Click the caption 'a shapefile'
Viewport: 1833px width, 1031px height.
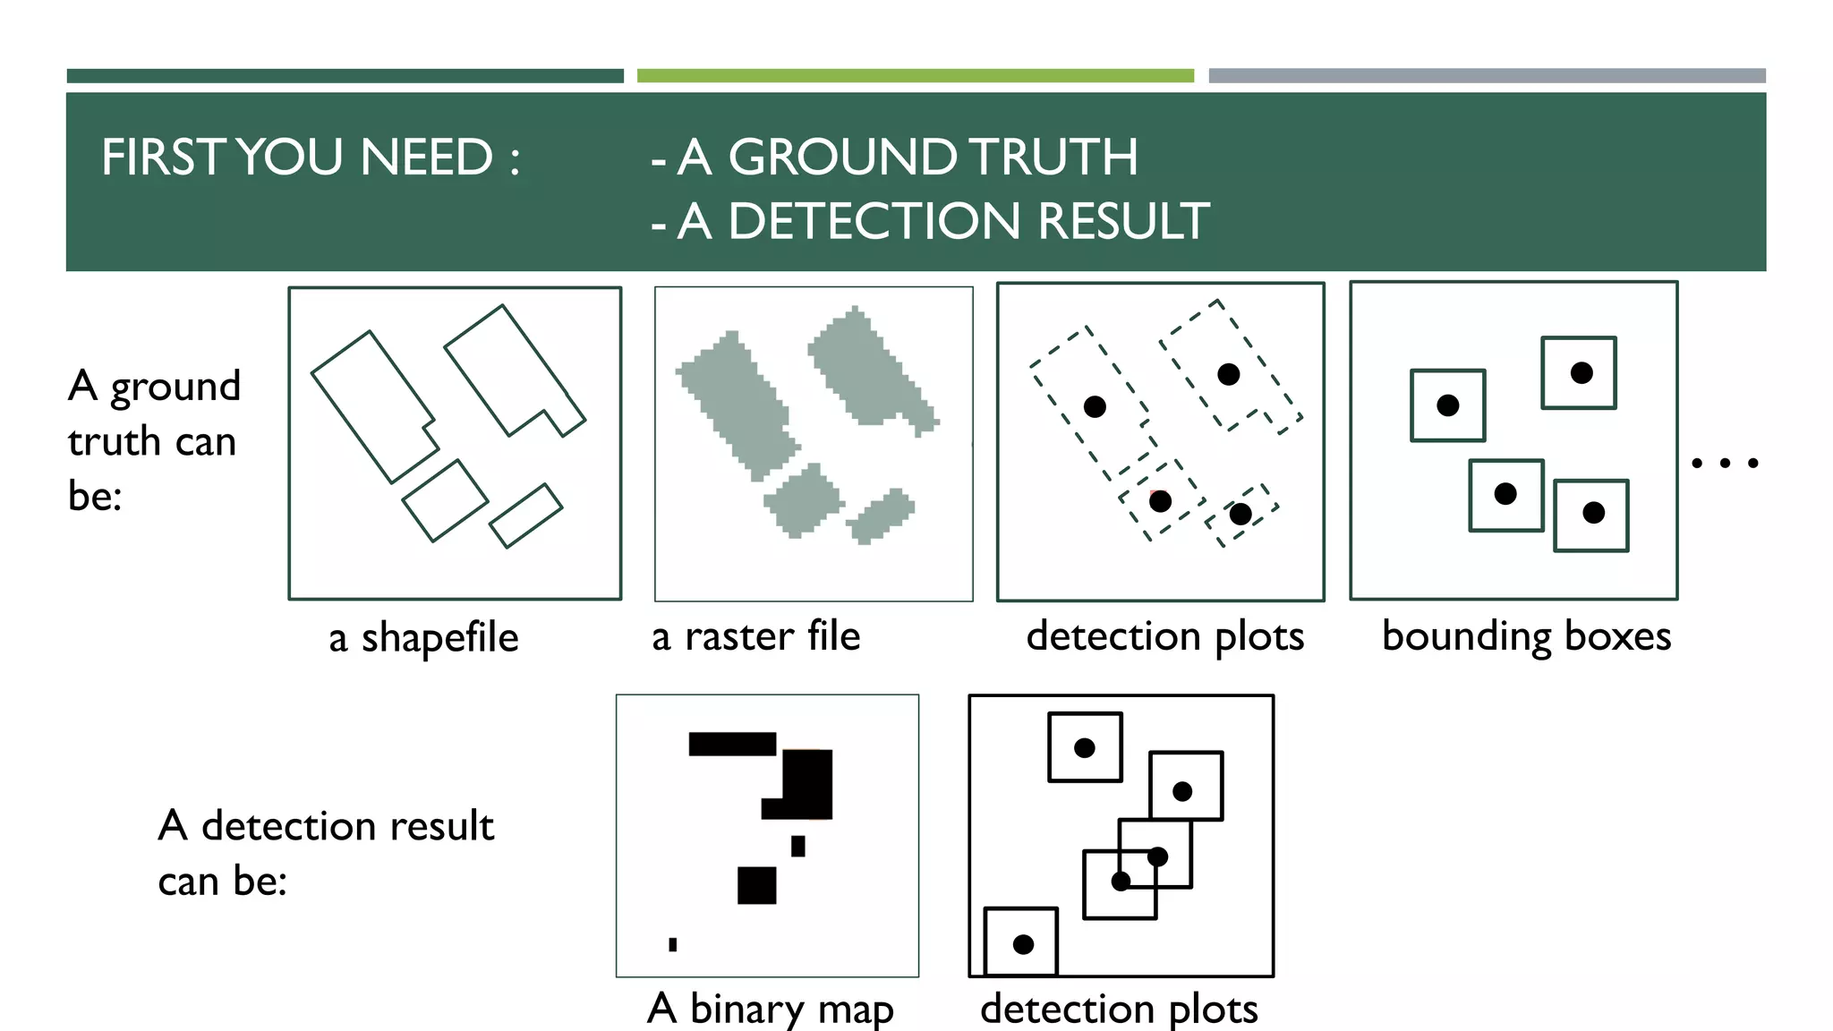423,638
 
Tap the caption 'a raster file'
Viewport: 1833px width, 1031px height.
755,636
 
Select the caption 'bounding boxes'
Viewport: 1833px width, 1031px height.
1526,636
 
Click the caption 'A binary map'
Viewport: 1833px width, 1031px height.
770,1009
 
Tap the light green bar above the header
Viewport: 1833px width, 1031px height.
915,76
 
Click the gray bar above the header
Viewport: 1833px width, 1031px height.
1487,76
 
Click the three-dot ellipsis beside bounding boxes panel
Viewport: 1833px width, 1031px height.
1725,463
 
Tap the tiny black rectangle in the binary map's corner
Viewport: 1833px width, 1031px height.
673,944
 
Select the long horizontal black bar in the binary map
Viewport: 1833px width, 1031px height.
732,744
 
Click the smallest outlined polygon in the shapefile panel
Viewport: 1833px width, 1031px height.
526,515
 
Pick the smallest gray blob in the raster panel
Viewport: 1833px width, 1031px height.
881,516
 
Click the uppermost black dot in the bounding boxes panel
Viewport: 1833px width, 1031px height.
1581,373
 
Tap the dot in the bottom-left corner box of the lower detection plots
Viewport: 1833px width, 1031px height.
1023,944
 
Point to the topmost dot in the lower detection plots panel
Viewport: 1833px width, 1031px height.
1084,748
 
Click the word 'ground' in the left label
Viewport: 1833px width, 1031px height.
175,388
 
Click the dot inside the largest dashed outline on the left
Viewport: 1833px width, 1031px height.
1095,407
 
